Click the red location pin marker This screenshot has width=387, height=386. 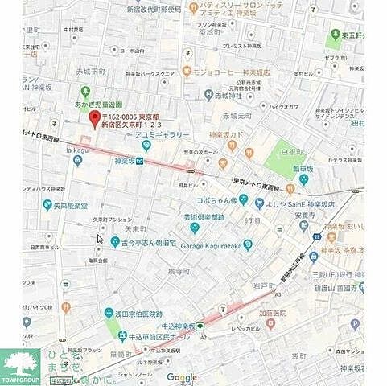pos(93,119)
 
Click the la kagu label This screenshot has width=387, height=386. pos(77,149)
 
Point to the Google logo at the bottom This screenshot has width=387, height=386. pos(182,377)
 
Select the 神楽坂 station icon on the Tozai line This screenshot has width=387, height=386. pos(139,160)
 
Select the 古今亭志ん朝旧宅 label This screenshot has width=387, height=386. pos(149,240)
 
